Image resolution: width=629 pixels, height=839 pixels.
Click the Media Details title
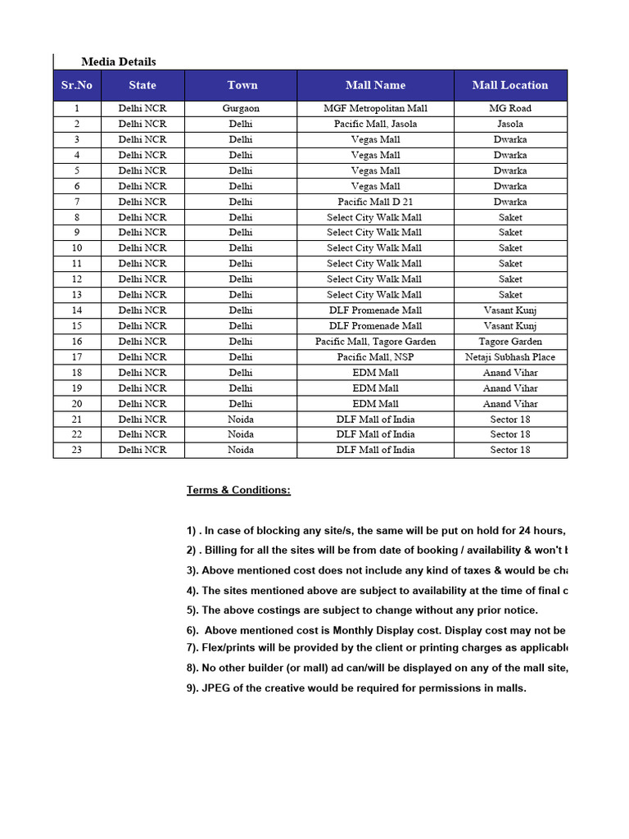(x=118, y=61)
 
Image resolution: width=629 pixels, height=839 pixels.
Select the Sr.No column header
(x=77, y=85)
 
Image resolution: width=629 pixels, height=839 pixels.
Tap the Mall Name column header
(x=375, y=85)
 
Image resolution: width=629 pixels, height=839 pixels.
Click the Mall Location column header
(x=510, y=85)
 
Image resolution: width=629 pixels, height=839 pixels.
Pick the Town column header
(x=242, y=85)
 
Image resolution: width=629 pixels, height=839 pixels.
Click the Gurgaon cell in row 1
(x=241, y=108)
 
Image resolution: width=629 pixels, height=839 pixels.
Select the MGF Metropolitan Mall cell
(x=375, y=108)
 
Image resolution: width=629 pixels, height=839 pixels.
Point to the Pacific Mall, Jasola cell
(x=375, y=124)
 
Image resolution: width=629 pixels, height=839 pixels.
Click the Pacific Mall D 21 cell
(x=375, y=202)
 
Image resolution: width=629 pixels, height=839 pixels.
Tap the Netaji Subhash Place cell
(x=510, y=357)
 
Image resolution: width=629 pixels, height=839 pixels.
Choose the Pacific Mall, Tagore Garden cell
(x=375, y=342)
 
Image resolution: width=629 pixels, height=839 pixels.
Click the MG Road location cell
(x=510, y=108)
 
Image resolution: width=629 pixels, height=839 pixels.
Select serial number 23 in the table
(x=77, y=450)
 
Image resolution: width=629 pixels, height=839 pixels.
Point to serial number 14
(x=77, y=311)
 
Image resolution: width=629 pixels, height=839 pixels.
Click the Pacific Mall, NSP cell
(x=375, y=357)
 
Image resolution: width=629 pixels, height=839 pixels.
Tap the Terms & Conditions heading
(x=238, y=490)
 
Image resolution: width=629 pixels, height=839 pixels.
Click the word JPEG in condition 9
(x=216, y=688)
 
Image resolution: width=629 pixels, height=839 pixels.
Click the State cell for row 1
(x=143, y=108)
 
